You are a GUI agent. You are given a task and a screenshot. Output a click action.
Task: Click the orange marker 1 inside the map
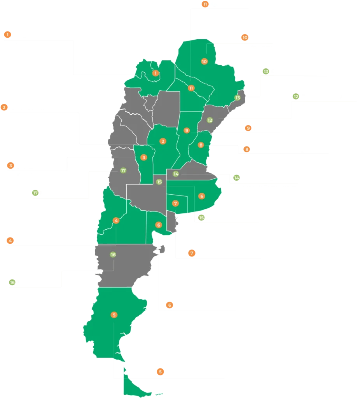click(x=156, y=73)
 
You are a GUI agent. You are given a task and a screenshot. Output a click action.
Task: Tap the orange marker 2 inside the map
click(x=163, y=141)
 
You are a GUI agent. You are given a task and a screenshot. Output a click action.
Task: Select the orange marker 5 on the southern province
click(x=114, y=314)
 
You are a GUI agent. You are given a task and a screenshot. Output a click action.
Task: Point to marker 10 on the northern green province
click(x=204, y=61)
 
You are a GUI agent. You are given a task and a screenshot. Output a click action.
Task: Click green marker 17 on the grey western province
click(x=123, y=170)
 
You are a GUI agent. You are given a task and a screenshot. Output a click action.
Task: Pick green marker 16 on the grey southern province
click(x=113, y=255)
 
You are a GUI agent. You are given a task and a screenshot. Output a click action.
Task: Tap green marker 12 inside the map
click(x=210, y=120)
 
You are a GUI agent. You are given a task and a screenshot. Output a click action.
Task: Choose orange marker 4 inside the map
click(x=116, y=220)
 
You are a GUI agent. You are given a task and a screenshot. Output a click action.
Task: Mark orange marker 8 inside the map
click(x=201, y=145)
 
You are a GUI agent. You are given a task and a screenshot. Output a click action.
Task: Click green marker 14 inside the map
click(x=176, y=174)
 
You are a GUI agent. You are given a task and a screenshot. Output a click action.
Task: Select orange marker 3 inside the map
click(x=144, y=157)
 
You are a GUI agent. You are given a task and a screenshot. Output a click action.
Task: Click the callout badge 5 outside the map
click(x=160, y=372)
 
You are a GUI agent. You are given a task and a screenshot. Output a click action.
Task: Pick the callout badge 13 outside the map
click(x=266, y=72)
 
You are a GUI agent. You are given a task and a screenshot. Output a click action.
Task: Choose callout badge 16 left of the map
click(x=12, y=283)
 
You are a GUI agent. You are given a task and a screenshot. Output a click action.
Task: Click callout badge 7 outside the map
click(x=191, y=253)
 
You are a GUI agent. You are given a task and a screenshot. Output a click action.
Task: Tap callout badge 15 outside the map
click(x=201, y=218)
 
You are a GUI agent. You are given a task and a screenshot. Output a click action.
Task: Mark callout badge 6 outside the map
click(x=169, y=305)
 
